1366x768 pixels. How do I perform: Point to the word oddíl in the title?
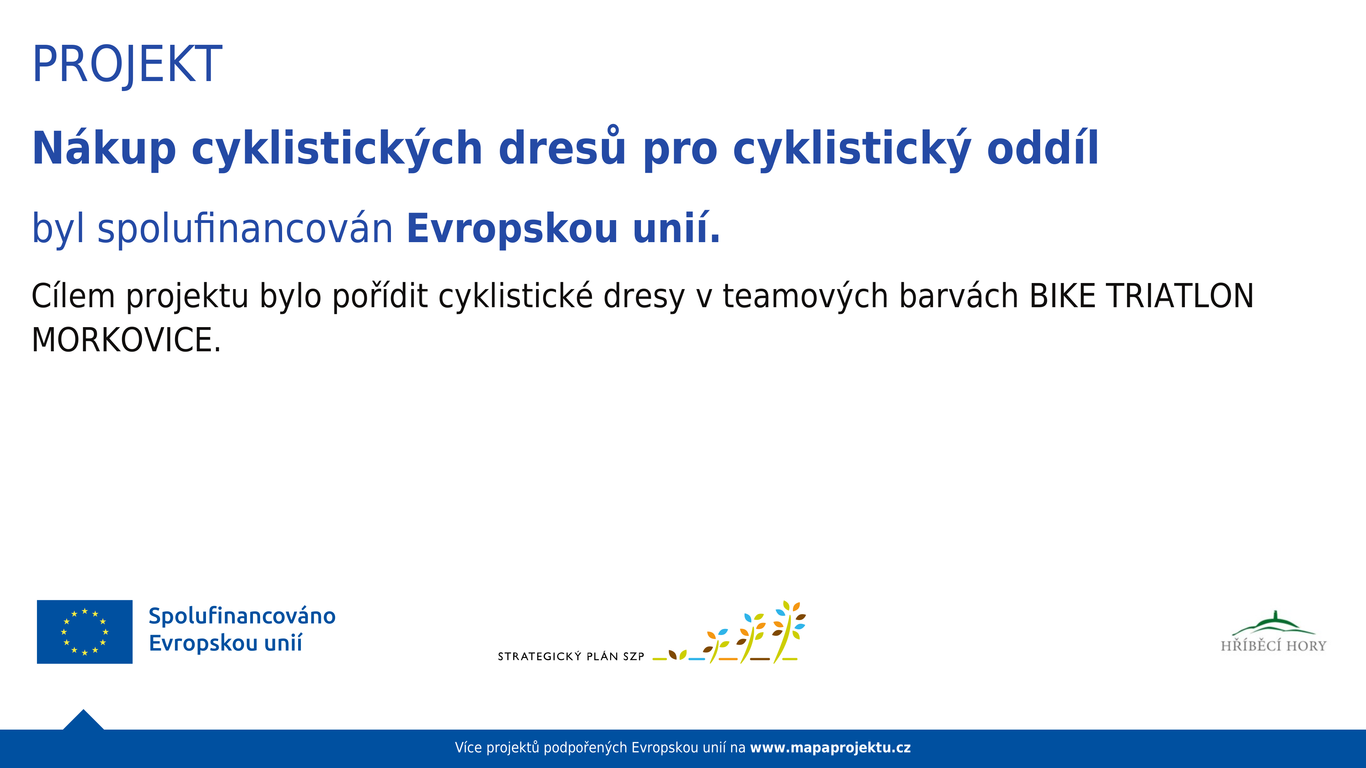tap(1043, 147)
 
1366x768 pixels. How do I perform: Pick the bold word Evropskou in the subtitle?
tap(512, 229)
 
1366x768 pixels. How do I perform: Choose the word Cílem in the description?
tap(73, 296)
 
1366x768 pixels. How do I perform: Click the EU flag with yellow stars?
tap(85, 632)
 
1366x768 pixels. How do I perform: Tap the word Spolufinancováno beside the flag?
tap(242, 616)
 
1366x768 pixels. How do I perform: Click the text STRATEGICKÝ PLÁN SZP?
tap(571, 656)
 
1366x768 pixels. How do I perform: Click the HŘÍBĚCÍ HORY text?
tap(1273, 646)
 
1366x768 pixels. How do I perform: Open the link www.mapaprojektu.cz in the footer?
tap(830, 748)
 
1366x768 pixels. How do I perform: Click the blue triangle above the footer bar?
tap(83, 721)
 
